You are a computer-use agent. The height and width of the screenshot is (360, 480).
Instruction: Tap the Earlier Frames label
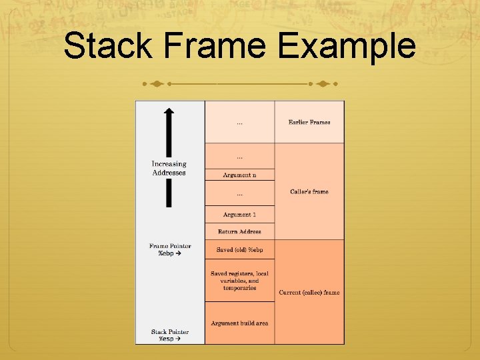[x=309, y=123]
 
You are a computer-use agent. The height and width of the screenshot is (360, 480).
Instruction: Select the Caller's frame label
[x=309, y=192]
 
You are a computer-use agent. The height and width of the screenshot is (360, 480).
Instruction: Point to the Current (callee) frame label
[x=309, y=292]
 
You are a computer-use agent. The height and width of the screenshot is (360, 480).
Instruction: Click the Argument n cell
[x=239, y=175]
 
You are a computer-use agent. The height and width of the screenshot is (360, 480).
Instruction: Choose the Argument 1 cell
[x=239, y=215]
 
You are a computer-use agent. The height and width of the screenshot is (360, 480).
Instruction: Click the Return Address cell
[x=239, y=232]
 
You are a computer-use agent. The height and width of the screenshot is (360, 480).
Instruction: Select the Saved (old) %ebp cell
[x=239, y=250]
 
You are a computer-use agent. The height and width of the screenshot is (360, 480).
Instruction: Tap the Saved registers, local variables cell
[x=239, y=281]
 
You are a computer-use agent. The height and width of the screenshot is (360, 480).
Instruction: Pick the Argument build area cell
[x=239, y=323]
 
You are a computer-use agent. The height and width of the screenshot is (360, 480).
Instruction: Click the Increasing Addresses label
[x=169, y=168]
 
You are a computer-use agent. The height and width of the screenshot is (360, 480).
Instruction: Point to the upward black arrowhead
[x=169, y=113]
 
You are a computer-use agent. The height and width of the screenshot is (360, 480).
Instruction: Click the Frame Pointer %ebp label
[x=170, y=250]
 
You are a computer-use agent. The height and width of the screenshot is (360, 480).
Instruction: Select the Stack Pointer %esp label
[x=170, y=335]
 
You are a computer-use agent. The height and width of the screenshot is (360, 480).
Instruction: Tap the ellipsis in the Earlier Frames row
[x=239, y=123]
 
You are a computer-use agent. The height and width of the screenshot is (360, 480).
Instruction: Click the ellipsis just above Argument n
[x=239, y=157]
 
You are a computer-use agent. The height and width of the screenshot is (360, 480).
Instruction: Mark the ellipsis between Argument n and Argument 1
[x=239, y=194]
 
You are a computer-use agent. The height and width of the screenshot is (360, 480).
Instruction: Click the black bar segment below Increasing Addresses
[x=169, y=193]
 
